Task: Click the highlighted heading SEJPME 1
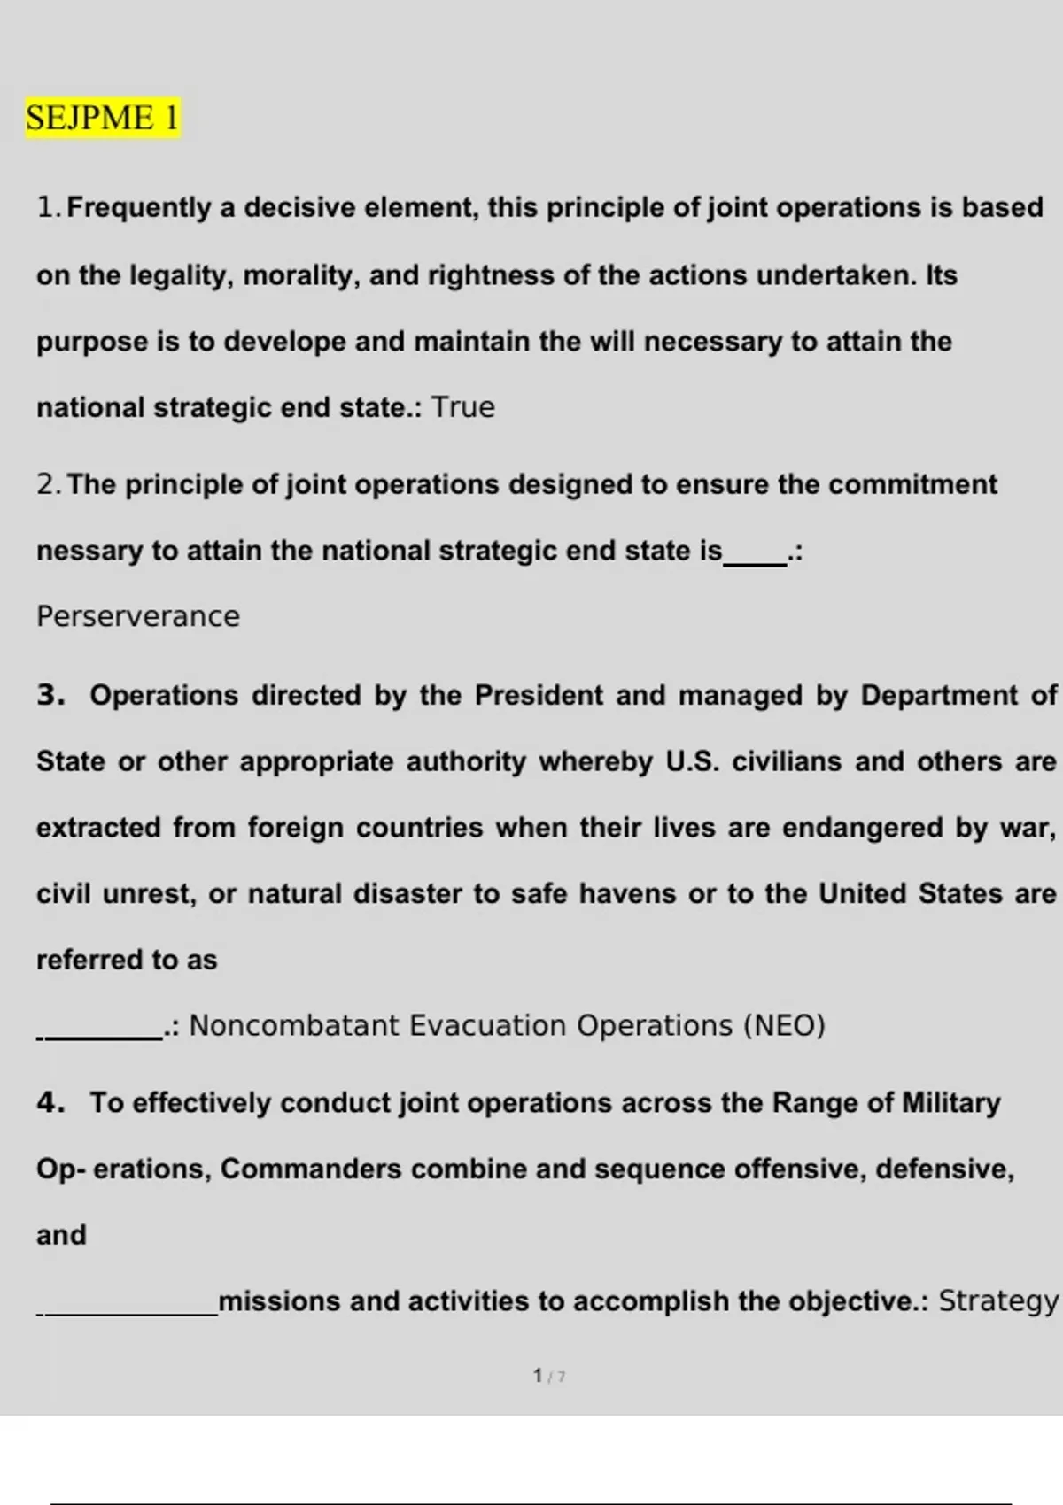point(102,118)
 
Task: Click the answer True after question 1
point(462,407)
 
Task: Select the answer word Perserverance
point(138,616)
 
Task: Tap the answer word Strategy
point(997,1301)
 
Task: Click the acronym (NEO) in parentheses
point(784,1025)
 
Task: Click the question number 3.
point(50,695)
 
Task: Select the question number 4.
point(50,1103)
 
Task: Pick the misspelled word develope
point(283,342)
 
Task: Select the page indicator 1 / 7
point(549,1376)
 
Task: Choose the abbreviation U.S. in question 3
point(693,761)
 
